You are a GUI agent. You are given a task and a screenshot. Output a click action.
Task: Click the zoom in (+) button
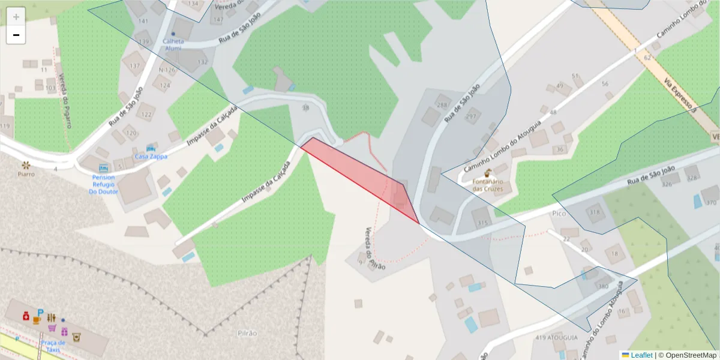click(16, 17)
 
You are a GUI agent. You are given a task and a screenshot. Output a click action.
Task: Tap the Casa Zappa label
click(151, 157)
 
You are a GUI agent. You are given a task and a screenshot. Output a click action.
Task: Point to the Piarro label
click(26, 174)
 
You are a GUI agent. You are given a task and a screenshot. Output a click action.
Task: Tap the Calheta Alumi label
click(172, 44)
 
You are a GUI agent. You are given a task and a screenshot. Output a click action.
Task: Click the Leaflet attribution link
click(641, 355)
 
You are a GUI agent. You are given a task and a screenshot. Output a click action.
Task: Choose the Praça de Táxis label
click(53, 346)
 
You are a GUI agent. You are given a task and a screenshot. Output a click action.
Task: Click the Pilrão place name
click(247, 333)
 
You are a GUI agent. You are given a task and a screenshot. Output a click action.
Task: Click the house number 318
click(594, 212)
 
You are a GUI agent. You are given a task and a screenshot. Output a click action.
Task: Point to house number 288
click(443, 106)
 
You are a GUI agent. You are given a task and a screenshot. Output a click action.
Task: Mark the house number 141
click(143, 21)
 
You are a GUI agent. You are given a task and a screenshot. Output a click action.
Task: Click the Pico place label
click(559, 214)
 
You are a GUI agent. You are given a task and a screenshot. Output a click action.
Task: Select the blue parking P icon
click(40, 313)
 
